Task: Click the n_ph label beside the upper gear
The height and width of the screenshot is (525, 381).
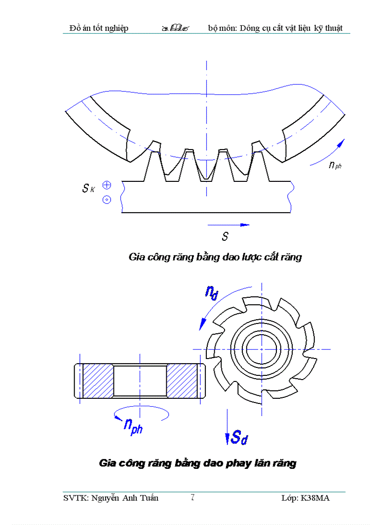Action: point(335,164)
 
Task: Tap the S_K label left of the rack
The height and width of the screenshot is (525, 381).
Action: point(88,188)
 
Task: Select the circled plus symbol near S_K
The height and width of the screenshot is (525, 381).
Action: point(106,185)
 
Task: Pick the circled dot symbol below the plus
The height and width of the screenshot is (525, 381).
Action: point(106,200)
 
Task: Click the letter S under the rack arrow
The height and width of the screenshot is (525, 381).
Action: point(225,237)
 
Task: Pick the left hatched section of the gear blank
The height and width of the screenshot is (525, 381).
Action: point(98,381)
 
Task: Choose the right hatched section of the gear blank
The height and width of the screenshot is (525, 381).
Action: point(183,381)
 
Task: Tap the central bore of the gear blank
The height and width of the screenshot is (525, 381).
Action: point(140,381)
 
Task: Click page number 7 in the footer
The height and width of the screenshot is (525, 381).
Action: point(192,497)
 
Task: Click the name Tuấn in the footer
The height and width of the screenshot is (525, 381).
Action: point(149,498)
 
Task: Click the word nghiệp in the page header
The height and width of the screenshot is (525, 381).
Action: point(114,29)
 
